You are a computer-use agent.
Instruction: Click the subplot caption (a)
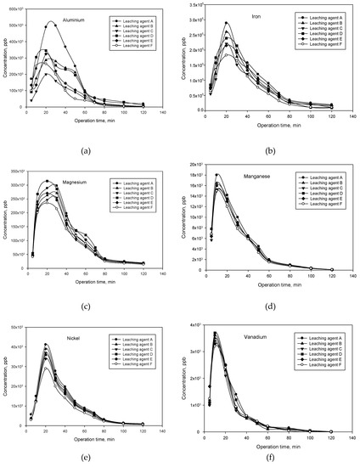point(85,150)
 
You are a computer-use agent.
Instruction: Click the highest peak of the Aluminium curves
point(51,22)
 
